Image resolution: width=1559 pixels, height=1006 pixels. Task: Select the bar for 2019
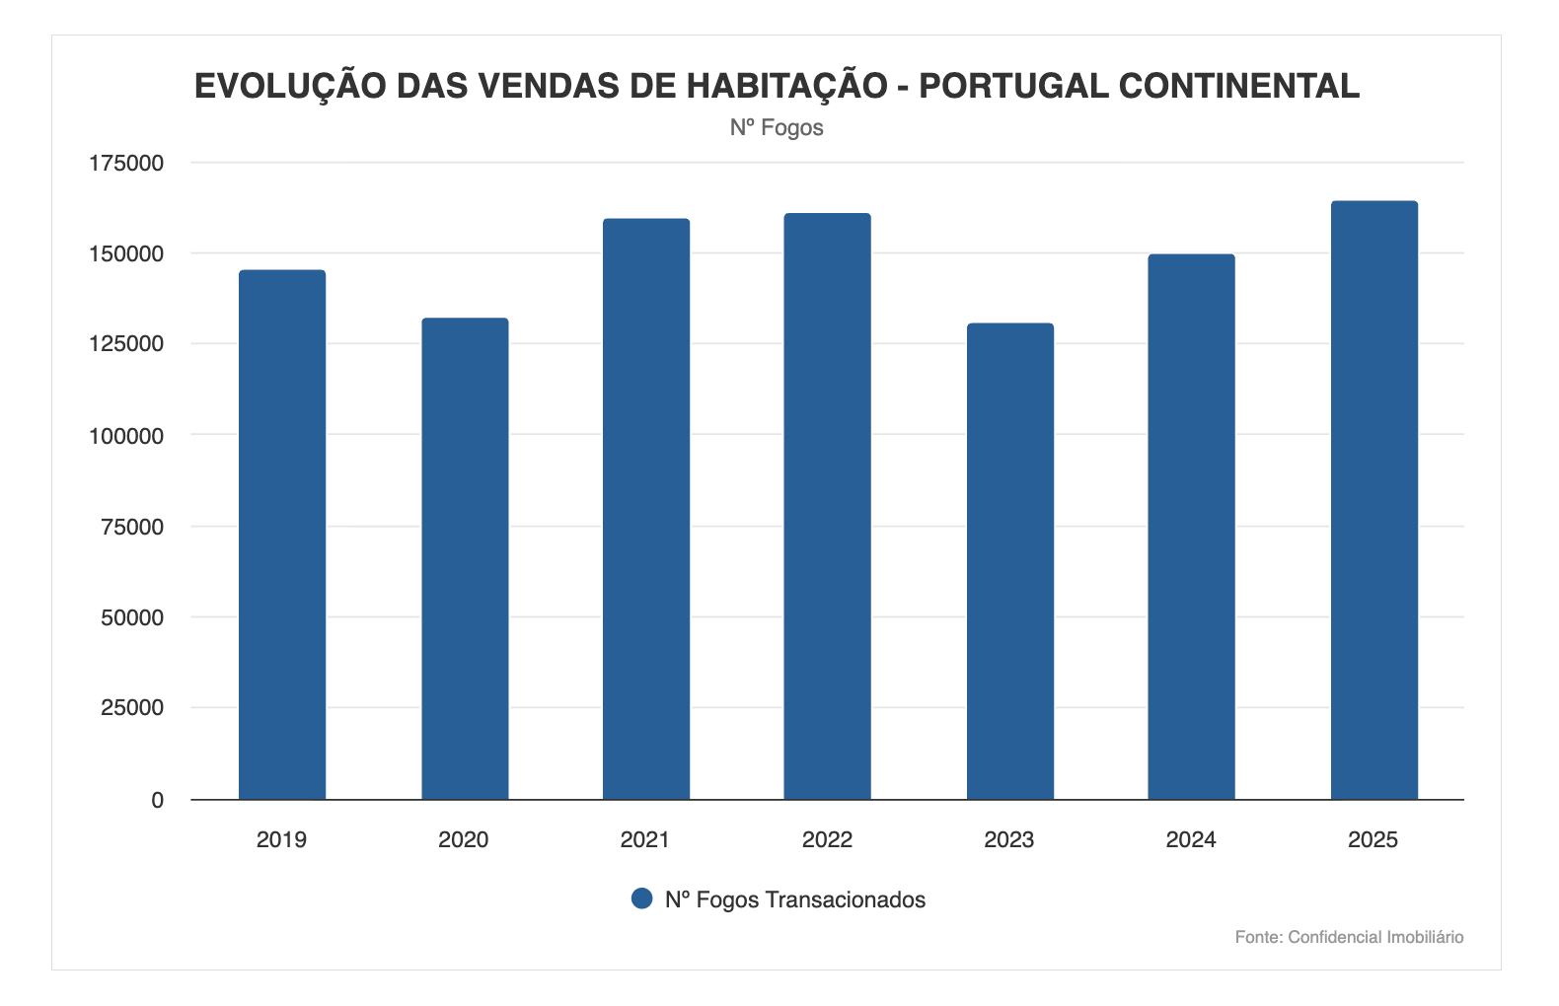(x=282, y=535)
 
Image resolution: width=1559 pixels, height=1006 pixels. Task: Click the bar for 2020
(x=465, y=558)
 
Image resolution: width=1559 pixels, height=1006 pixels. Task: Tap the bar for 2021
(x=646, y=509)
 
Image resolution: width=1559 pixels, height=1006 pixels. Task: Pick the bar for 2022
(x=828, y=506)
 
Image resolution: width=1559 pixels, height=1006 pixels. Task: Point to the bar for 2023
(x=1010, y=561)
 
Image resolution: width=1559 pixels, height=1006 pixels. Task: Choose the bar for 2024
(x=1192, y=527)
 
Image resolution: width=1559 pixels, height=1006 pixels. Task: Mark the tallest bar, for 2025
(x=1374, y=500)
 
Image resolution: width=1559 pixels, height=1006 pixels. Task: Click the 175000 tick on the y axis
(x=126, y=164)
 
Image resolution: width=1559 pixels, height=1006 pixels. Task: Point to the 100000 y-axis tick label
(x=126, y=436)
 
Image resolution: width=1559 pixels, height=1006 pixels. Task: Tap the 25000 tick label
(x=132, y=708)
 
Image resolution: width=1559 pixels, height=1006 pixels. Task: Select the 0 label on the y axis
(x=157, y=801)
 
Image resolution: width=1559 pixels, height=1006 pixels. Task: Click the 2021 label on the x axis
(x=644, y=840)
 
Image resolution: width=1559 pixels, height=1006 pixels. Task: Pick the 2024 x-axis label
(x=1191, y=840)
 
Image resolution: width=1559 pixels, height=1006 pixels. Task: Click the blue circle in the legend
(x=642, y=898)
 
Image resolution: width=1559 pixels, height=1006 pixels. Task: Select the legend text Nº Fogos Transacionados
(x=795, y=899)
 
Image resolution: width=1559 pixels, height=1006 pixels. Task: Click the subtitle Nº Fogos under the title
(x=777, y=128)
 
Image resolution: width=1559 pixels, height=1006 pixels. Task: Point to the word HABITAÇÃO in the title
(x=786, y=86)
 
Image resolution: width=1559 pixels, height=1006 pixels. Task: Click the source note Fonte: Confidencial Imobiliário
(x=1349, y=937)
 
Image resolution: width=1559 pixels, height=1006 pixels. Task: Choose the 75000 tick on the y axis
(x=132, y=527)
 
